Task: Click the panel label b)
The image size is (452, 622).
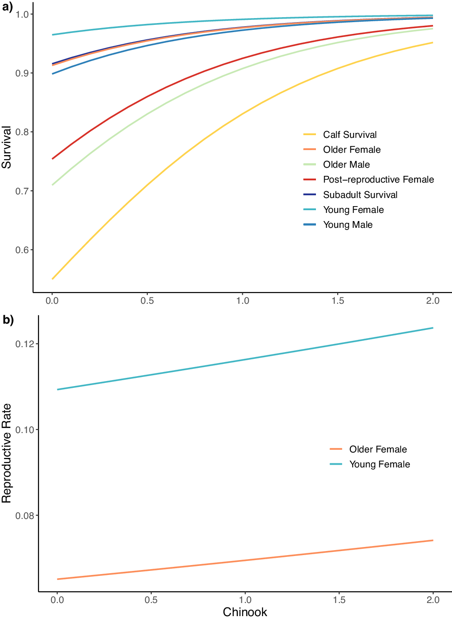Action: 8,320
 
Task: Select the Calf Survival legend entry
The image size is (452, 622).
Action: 349,135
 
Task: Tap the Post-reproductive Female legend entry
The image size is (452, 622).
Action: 378,179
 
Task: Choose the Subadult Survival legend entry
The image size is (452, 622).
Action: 360,195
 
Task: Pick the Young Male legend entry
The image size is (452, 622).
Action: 348,225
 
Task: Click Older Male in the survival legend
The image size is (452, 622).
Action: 346,165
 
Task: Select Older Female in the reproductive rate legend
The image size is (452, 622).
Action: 377,449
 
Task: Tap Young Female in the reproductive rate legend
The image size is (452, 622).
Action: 379,464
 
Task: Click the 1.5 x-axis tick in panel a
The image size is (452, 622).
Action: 338,301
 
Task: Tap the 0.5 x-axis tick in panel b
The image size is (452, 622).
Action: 151,600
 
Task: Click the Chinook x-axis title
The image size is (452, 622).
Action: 245,612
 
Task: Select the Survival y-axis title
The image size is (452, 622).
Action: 6,147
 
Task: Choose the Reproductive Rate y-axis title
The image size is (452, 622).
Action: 6,453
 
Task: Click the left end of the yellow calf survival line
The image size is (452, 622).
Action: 52,279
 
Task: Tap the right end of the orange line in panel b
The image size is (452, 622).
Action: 433,540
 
